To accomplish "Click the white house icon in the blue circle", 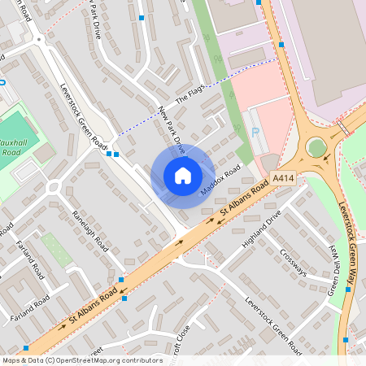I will point(183,176).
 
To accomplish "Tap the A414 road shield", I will point(283,178).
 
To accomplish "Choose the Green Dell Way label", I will point(333,269).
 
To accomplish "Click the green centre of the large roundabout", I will point(316,148).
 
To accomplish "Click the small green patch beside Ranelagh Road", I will point(55,250).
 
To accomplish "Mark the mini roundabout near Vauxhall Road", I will point(54,187).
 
